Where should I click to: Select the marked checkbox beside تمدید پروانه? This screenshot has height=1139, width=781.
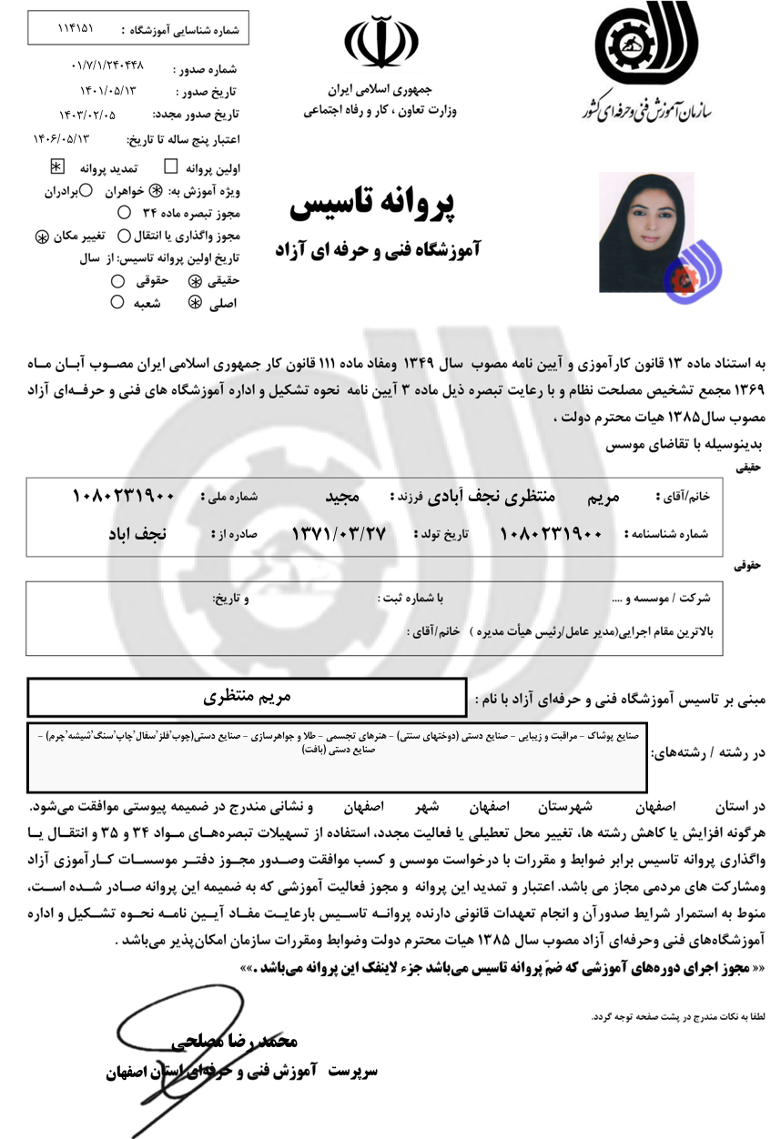point(56,167)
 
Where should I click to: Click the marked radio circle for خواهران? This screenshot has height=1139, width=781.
point(155,192)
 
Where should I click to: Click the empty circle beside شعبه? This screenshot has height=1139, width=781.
point(117,303)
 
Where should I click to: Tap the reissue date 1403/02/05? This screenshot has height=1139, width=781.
point(87,115)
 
